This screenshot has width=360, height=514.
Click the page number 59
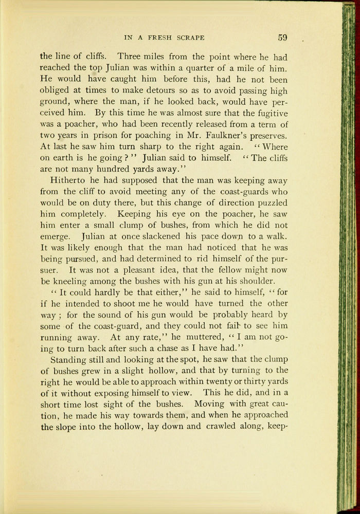283,37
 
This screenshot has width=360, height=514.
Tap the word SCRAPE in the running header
190,38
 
